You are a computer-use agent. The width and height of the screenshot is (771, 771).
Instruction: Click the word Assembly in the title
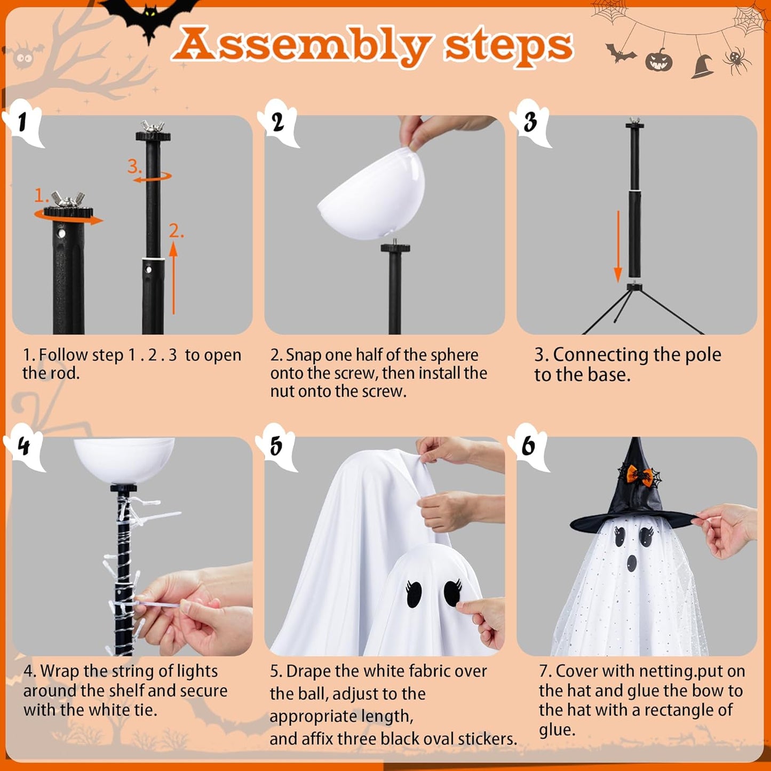pyautogui.click(x=301, y=45)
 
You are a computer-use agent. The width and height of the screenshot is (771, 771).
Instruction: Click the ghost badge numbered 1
pyautogui.click(x=24, y=123)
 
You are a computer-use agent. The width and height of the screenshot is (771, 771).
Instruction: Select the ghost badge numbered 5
pyautogui.click(x=277, y=447)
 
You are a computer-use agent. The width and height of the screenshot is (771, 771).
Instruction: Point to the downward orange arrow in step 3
pyautogui.click(x=618, y=245)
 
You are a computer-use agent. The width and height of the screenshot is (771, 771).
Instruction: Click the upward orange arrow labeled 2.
pyautogui.click(x=173, y=277)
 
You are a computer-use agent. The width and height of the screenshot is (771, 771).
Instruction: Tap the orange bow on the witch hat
pyautogui.click(x=639, y=474)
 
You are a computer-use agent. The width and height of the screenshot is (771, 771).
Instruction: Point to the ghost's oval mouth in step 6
pyautogui.click(x=632, y=562)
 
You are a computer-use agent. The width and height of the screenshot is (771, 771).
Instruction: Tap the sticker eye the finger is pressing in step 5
pyautogui.click(x=452, y=593)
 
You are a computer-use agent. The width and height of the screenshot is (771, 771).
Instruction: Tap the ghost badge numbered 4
pyautogui.click(x=24, y=446)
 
